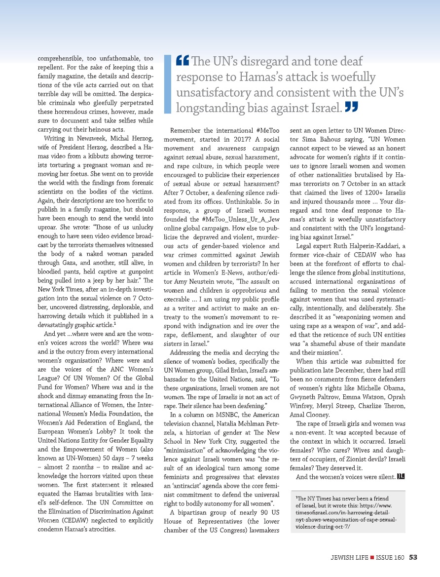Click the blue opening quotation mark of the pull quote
coord(182,62)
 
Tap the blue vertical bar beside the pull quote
coord(167,83)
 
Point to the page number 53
coord(413,557)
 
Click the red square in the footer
coord(372,558)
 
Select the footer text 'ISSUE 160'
coord(390,557)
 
